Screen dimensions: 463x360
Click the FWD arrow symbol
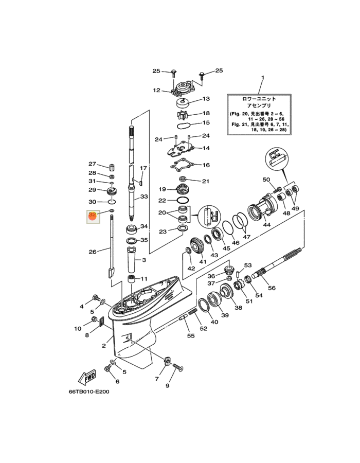[x=86, y=378]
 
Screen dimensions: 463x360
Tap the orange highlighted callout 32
[x=93, y=215]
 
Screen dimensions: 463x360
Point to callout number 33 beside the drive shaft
[x=144, y=197]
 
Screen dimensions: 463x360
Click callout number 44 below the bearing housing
[x=267, y=225]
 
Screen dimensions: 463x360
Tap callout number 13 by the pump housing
[x=206, y=99]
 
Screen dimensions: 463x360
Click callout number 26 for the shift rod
[x=93, y=252]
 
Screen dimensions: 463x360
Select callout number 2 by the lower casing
[x=104, y=346]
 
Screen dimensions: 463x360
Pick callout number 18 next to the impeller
[x=206, y=113]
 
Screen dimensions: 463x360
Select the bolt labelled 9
[x=178, y=367]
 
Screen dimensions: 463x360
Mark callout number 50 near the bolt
[x=266, y=180]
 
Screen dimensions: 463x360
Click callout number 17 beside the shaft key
[x=144, y=168]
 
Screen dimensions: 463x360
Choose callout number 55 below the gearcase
[x=191, y=335]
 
